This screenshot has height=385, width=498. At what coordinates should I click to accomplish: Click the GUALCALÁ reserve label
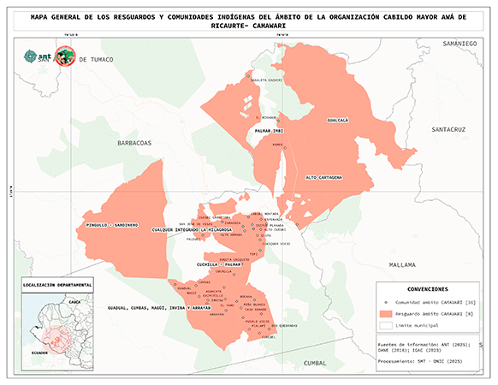click(337, 121)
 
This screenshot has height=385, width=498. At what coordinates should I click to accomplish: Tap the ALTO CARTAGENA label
click(323, 177)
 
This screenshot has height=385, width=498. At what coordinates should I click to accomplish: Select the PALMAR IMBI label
click(269, 130)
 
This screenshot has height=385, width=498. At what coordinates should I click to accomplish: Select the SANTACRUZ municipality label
click(448, 129)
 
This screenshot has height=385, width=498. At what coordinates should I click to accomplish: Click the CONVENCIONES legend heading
click(428, 289)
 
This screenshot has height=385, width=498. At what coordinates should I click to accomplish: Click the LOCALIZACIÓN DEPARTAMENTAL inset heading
click(58, 283)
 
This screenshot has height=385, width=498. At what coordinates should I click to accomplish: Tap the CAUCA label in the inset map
click(74, 302)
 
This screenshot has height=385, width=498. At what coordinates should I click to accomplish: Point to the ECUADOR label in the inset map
click(37, 351)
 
